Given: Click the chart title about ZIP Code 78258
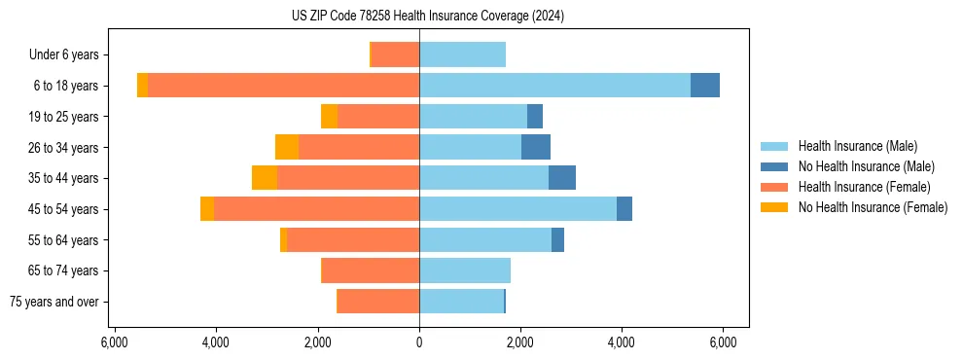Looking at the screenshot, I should click(427, 17).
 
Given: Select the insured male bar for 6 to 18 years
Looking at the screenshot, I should click(554, 86).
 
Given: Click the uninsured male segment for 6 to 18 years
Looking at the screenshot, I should click(705, 86).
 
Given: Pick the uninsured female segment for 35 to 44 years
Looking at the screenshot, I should click(265, 178).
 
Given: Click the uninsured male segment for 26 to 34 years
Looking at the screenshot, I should click(536, 147).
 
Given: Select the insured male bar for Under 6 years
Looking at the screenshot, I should click(462, 54).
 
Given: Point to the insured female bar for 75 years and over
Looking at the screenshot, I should click(378, 302).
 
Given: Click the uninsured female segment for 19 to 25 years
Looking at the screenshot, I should click(329, 117).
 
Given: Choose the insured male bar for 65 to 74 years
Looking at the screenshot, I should click(465, 270).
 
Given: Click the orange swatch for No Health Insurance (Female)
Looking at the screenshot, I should click(774, 207).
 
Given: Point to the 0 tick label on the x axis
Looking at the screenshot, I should click(419, 342).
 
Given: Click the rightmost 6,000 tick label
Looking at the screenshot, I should click(723, 342).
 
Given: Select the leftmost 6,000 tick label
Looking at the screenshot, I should click(115, 342).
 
